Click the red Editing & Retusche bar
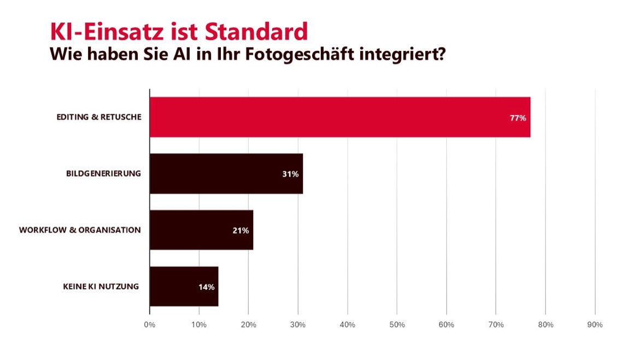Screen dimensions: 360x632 (x=339, y=117)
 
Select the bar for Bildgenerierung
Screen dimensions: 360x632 (x=226, y=173)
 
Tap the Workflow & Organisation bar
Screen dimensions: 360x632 (x=201, y=230)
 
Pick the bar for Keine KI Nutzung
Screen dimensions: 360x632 (x=184, y=286)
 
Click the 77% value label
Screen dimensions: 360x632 (x=518, y=118)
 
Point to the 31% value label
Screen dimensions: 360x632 (x=290, y=174)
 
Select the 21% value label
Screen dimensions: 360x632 (x=241, y=230)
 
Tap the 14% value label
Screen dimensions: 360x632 (x=207, y=287)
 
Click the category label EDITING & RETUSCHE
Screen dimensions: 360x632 (x=98, y=117)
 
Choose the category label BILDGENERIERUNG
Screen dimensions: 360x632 (x=103, y=173)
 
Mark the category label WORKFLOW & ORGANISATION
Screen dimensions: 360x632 (x=80, y=230)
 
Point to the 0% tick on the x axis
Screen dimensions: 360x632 (x=149, y=324)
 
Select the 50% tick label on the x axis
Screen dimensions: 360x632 (x=397, y=324)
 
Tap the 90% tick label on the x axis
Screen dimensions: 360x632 (x=595, y=324)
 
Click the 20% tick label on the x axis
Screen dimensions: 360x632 (x=248, y=324)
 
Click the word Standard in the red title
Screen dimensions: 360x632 (x=256, y=32)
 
